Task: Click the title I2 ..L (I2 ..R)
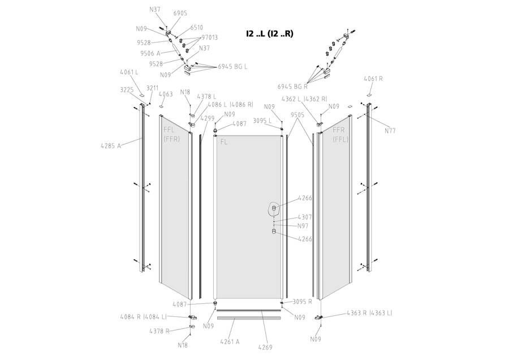270,33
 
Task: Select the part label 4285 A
111,146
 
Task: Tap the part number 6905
180,14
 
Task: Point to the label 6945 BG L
232,67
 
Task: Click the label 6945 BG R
292,87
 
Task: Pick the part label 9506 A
150,53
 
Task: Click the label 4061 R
373,79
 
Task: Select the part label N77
390,131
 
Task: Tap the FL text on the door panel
223,142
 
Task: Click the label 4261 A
230,342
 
